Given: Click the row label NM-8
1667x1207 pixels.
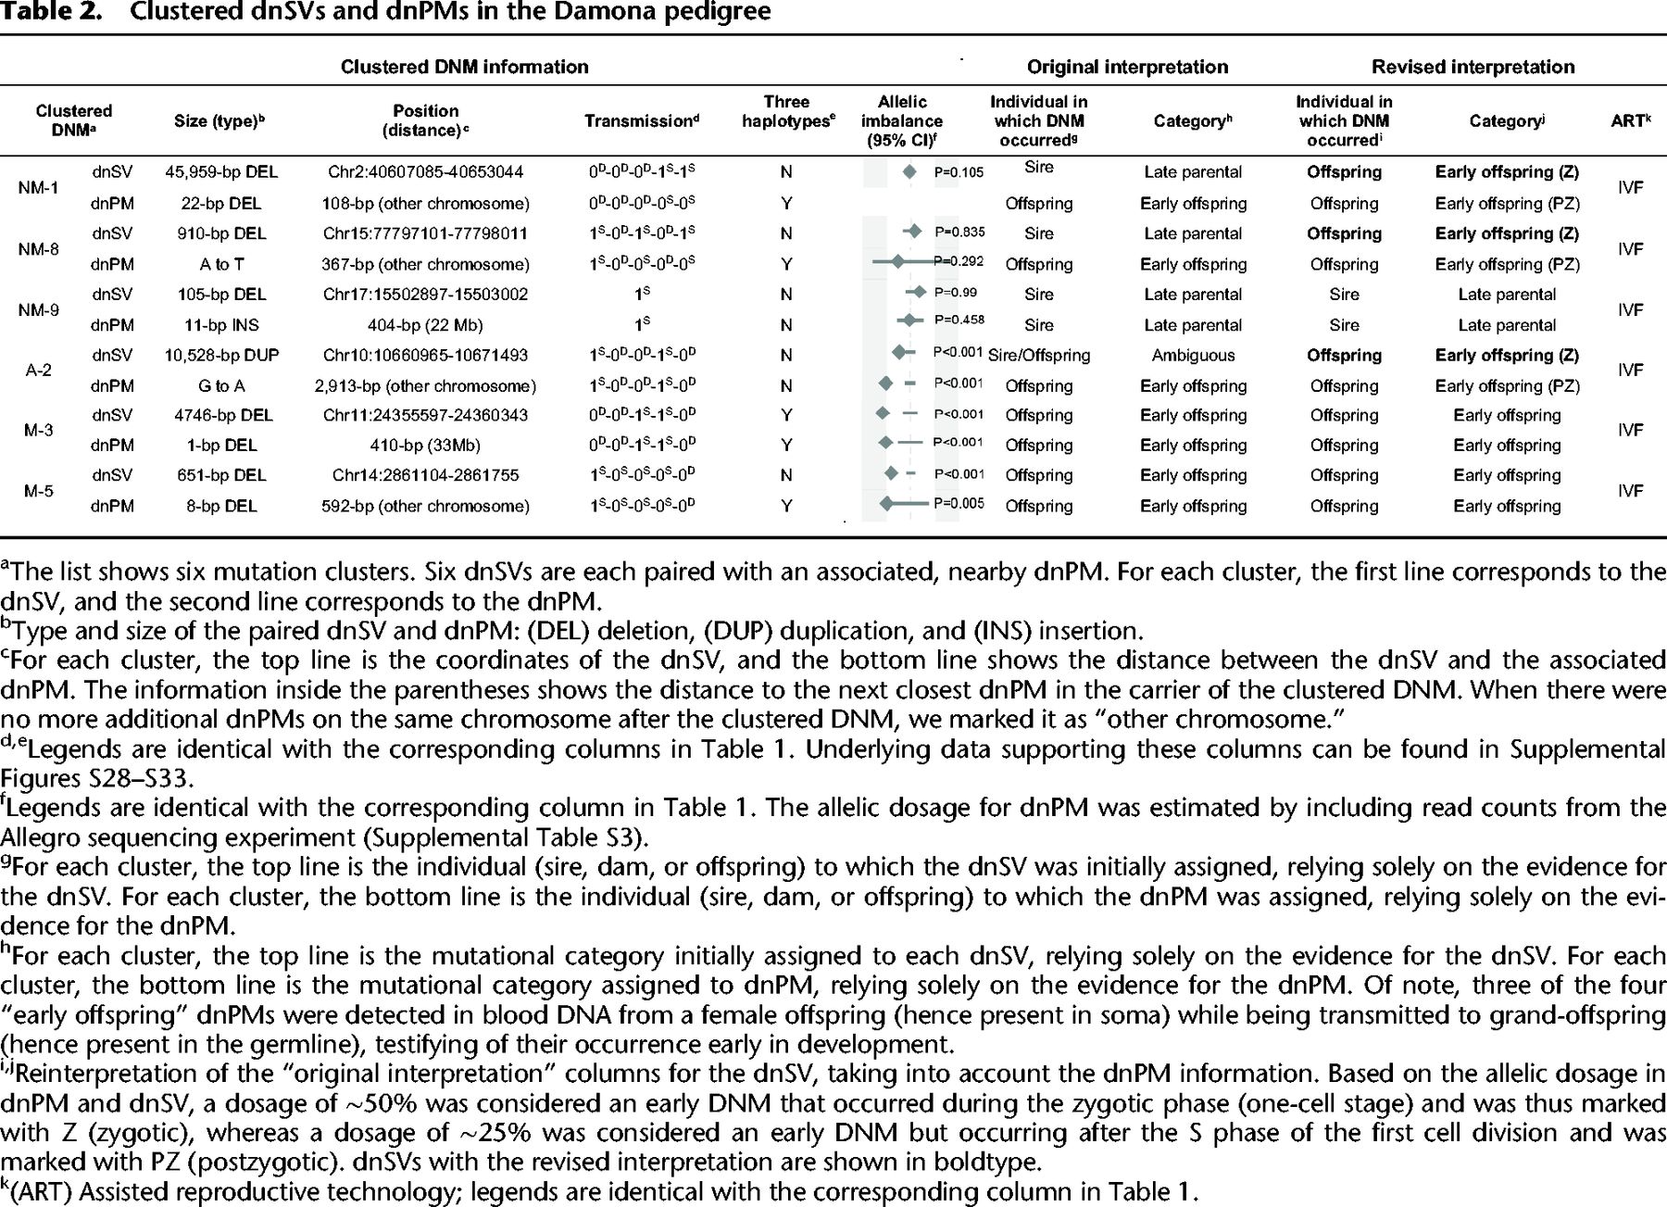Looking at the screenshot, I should (38, 248).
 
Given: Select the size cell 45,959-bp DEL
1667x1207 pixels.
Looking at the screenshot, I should (221, 171).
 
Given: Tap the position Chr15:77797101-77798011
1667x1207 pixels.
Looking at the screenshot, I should (425, 233).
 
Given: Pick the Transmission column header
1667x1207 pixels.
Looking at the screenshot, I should (642, 121).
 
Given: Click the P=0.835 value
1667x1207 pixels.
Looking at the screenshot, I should (959, 233).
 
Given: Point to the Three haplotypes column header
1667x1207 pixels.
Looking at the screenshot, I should (786, 111).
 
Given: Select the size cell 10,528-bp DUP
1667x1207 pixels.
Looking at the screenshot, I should (221, 355).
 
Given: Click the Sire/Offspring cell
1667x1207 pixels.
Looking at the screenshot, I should (1039, 355).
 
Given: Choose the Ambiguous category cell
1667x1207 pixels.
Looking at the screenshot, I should (1193, 355).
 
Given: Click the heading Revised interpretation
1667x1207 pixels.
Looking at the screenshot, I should (1473, 67).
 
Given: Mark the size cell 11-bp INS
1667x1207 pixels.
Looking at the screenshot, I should (221, 325).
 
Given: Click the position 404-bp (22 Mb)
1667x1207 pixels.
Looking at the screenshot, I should (425, 325).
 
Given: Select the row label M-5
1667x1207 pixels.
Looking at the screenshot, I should (38, 490).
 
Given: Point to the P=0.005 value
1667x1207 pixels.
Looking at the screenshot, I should (959, 504).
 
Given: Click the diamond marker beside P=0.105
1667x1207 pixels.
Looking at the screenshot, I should (909, 171).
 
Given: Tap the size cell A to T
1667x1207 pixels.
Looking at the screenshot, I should (221, 264).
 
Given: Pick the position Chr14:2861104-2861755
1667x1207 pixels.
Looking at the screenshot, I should (425, 475).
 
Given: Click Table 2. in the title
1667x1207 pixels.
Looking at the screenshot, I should (51, 13).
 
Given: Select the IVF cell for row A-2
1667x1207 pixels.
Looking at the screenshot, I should (1630, 370).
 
